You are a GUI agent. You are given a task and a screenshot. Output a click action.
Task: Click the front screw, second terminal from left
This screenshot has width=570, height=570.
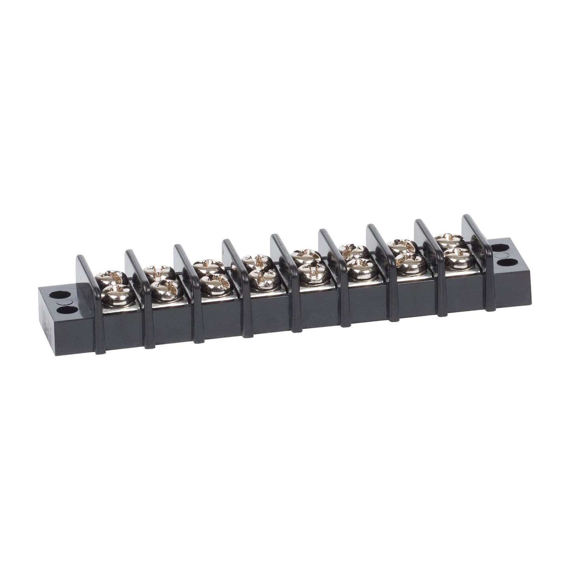(x=164, y=289)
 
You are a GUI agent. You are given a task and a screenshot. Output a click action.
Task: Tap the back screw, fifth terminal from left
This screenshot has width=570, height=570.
(x=306, y=256)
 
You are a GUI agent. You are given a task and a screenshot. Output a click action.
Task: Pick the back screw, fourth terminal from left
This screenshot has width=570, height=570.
(x=257, y=261)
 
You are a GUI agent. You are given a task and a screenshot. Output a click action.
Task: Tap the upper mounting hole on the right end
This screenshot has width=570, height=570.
(x=500, y=248)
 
